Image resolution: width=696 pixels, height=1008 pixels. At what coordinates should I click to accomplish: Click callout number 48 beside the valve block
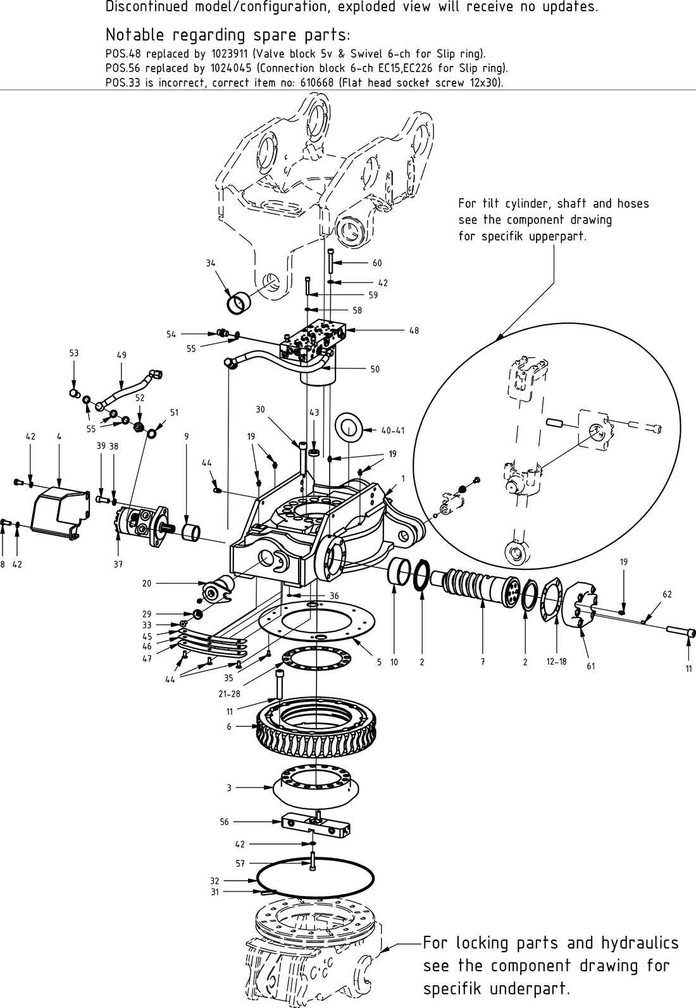(414, 331)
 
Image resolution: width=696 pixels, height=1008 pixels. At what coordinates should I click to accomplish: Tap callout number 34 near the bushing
(211, 263)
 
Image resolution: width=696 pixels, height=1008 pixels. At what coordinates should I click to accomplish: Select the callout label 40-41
(393, 431)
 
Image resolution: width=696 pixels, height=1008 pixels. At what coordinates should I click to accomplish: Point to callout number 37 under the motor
(118, 564)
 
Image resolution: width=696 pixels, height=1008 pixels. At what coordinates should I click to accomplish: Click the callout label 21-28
(228, 694)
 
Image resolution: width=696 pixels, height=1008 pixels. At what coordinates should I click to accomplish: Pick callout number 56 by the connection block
(224, 821)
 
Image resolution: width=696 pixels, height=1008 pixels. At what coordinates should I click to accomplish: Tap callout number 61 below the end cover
(591, 665)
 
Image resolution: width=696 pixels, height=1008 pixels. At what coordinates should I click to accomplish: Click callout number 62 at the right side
(668, 595)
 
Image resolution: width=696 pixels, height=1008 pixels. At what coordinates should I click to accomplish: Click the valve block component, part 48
(312, 339)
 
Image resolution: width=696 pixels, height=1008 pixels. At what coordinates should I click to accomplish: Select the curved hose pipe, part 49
(127, 387)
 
